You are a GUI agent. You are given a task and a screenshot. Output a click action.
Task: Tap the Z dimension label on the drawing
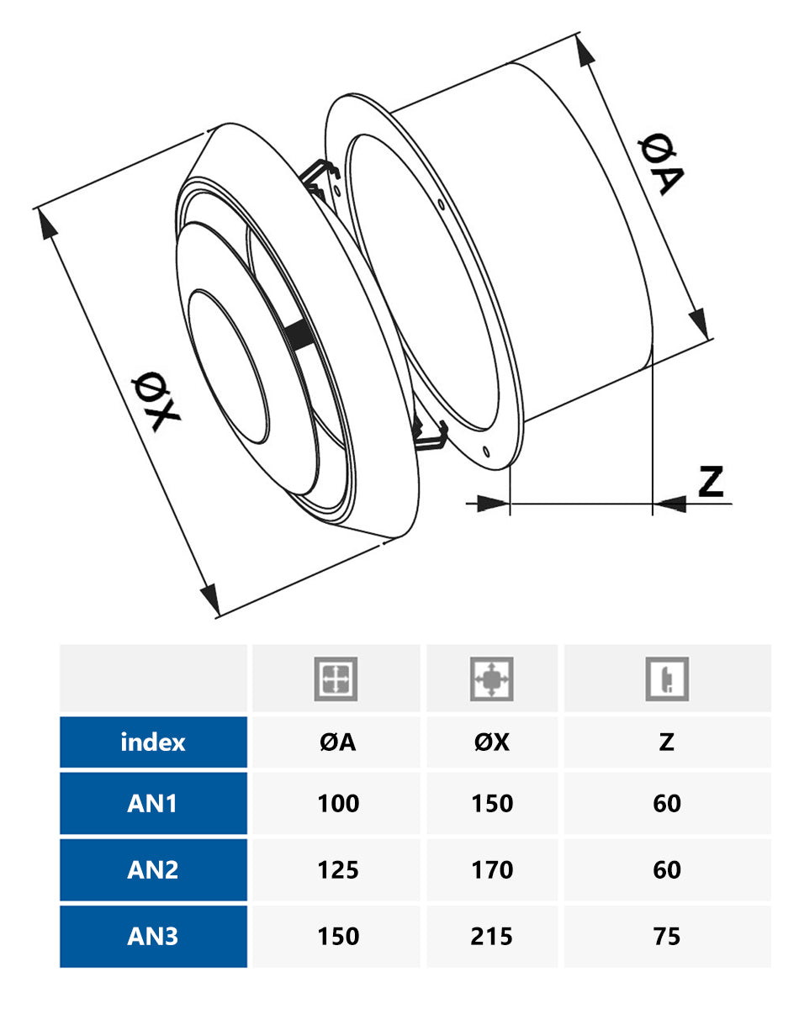click(x=711, y=481)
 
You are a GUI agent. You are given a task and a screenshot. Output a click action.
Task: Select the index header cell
click(x=153, y=742)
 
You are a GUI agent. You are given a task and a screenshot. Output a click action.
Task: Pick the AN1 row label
click(x=153, y=804)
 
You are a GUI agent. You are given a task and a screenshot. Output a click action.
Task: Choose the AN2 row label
click(x=153, y=869)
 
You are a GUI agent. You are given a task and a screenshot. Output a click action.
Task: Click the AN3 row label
click(x=153, y=936)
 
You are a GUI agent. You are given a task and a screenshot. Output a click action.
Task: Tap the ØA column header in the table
click(x=337, y=742)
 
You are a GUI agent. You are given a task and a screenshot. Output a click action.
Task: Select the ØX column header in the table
click(x=492, y=742)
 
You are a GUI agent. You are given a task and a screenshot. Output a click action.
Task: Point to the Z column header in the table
click(x=667, y=742)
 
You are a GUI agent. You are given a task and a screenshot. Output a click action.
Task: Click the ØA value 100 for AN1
click(x=337, y=804)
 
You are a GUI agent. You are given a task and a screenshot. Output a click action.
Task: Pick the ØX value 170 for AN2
click(x=492, y=869)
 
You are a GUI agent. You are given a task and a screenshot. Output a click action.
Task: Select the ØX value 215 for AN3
click(x=492, y=936)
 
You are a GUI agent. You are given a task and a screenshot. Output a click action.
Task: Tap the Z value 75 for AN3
click(x=667, y=936)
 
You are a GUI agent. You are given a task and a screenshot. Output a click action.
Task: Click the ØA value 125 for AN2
click(x=337, y=869)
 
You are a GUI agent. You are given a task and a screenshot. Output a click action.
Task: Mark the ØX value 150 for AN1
click(x=492, y=804)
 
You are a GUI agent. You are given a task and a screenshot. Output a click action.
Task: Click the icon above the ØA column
click(x=336, y=679)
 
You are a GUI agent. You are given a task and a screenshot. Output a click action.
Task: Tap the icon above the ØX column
click(x=492, y=679)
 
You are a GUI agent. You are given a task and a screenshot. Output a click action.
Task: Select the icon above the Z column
click(x=667, y=679)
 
